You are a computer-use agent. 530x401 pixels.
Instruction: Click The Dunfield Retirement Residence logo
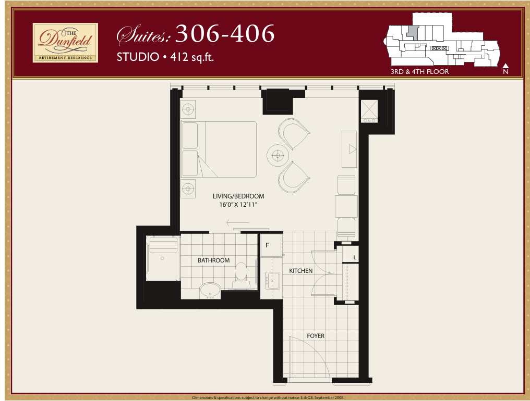65,43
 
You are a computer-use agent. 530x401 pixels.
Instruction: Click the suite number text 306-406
225,33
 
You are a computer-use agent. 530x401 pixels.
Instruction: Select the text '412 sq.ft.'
192,57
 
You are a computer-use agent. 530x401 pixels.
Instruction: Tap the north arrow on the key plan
505,69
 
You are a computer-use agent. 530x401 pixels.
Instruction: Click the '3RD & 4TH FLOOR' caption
420,71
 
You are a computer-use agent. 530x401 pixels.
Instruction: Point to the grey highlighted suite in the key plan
413,32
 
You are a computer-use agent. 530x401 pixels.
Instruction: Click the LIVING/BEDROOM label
238,196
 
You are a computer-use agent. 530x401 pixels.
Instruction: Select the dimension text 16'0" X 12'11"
238,205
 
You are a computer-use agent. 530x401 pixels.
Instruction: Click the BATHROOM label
214,260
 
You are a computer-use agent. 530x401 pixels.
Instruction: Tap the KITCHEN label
301,271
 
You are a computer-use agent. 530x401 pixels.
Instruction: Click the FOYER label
316,336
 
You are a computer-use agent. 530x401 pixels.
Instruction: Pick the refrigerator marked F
271,245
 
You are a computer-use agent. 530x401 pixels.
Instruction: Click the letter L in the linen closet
355,258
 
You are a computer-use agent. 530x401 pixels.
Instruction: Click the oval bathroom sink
210,291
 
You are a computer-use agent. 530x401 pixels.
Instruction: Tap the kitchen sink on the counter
272,281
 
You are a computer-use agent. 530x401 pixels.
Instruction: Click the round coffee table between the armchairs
278,155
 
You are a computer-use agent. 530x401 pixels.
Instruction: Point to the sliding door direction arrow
238,223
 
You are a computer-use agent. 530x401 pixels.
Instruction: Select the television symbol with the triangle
350,149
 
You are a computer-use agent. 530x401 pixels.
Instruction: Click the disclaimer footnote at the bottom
268,398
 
